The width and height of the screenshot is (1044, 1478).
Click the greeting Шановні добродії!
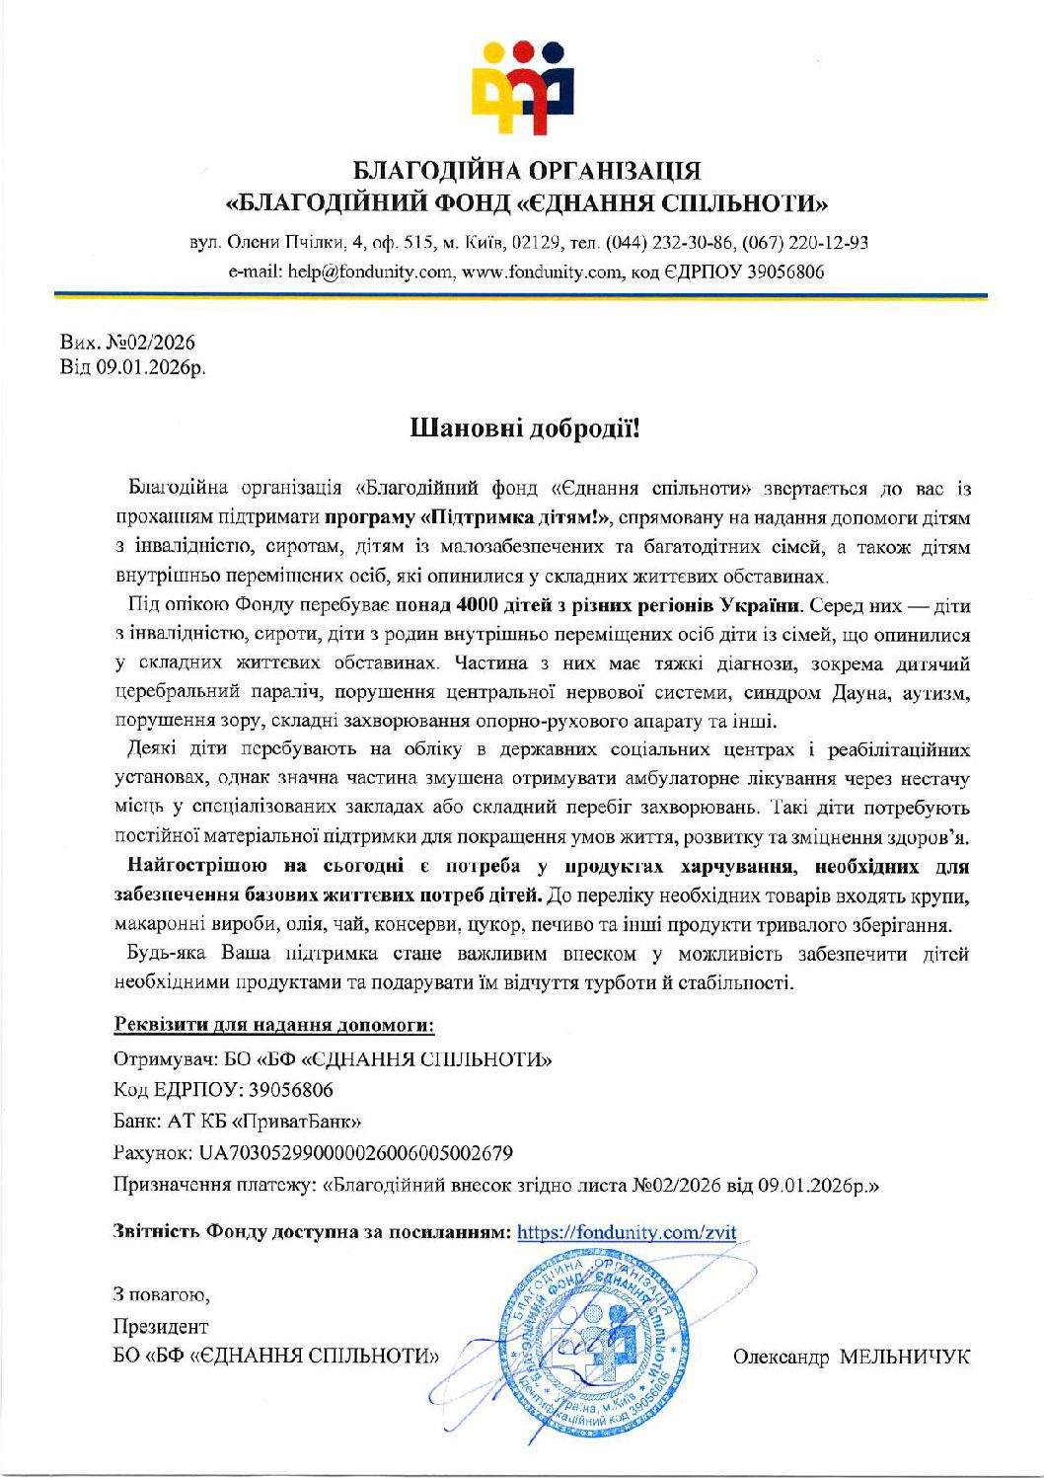525,428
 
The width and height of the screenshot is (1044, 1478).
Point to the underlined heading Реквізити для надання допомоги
274,1025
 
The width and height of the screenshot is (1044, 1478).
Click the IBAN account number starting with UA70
355,1153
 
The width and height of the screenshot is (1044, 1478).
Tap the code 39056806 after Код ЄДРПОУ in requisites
291,1090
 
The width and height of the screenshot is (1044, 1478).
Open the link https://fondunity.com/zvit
627,1232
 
